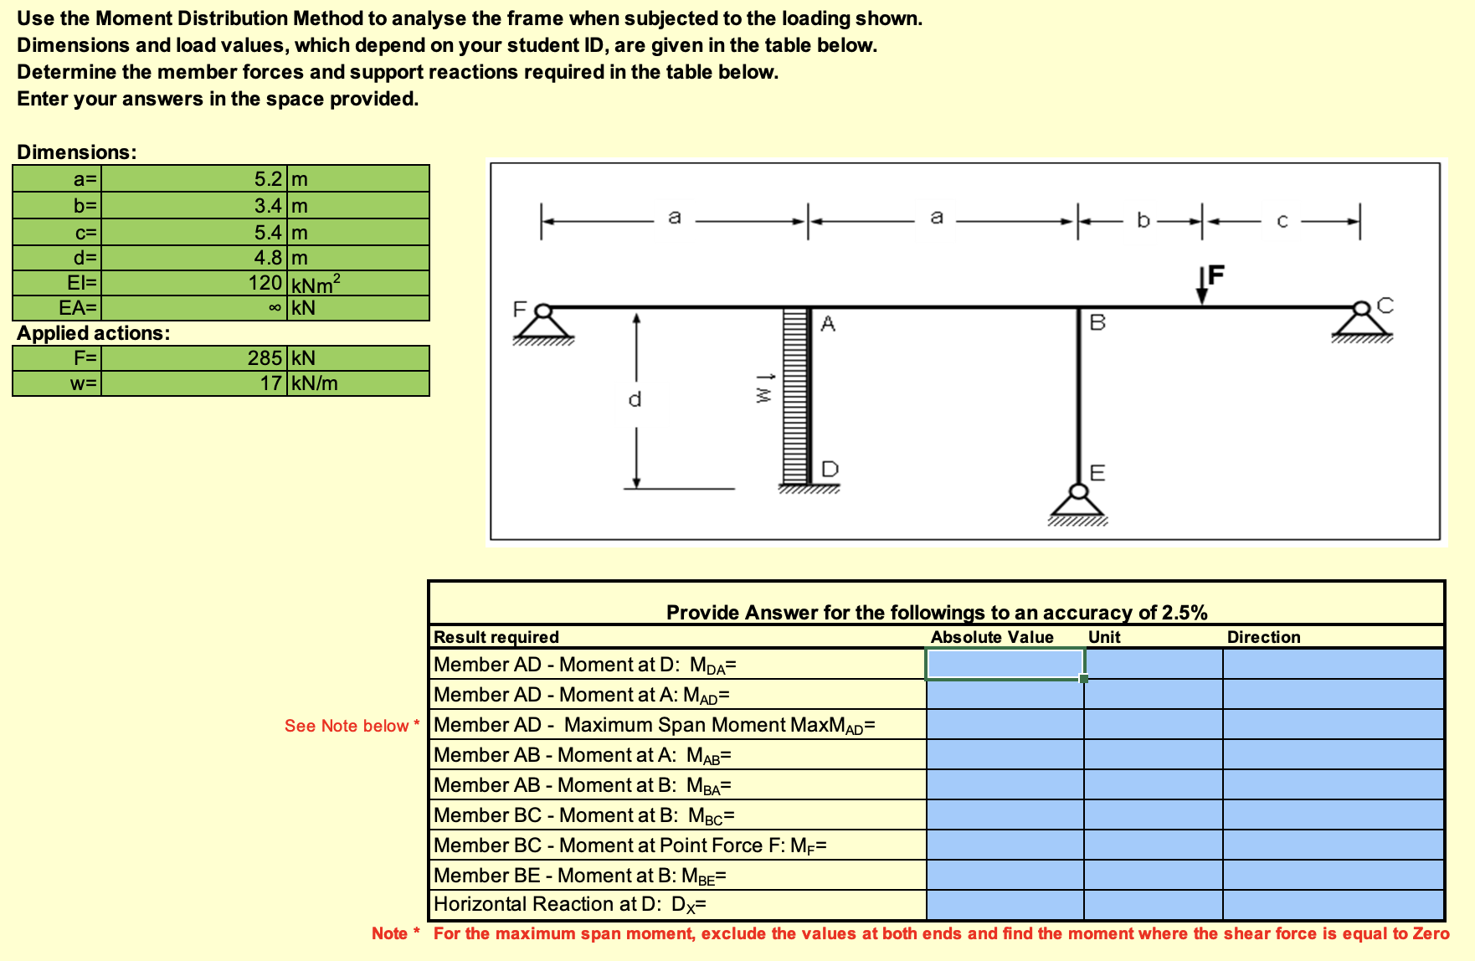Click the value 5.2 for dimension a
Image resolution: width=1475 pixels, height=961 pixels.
pyautogui.click(x=268, y=179)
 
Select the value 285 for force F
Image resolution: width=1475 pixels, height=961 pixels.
pyautogui.click(x=265, y=358)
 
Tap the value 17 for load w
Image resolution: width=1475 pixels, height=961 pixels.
pyautogui.click(x=270, y=383)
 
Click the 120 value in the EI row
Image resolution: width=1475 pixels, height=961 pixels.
pyautogui.click(x=265, y=283)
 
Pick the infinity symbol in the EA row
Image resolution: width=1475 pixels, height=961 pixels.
pyautogui.click(x=275, y=308)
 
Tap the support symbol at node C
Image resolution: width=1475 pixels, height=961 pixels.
pyautogui.click(x=1362, y=322)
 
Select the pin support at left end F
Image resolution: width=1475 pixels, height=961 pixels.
pyautogui.click(x=543, y=324)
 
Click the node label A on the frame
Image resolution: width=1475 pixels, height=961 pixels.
pyautogui.click(x=828, y=324)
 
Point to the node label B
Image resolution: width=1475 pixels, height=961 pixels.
pyautogui.click(x=1097, y=322)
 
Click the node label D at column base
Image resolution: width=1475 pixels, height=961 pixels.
pyautogui.click(x=830, y=469)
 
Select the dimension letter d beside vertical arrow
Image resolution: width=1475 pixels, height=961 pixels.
pyautogui.click(x=635, y=399)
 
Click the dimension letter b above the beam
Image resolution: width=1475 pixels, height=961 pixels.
pyautogui.click(x=1144, y=221)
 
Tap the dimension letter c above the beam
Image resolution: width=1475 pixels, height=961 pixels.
pyautogui.click(x=1282, y=221)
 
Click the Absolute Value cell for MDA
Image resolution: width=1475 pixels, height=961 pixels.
pyautogui.click(x=1005, y=665)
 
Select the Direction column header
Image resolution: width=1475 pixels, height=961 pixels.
pyautogui.click(x=1263, y=637)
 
